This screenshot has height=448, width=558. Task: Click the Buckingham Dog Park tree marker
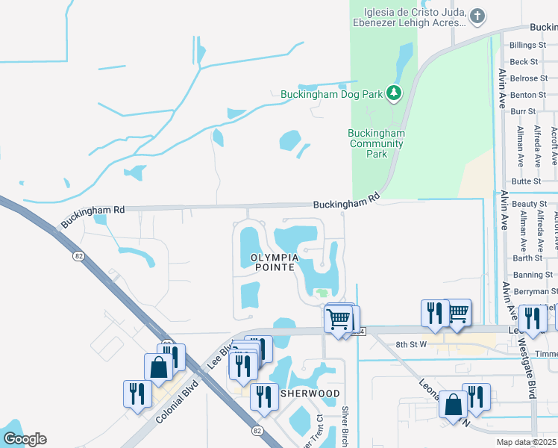tap(394, 93)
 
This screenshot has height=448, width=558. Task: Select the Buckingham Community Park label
tap(377, 143)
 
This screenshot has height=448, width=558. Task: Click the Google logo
tap(25, 439)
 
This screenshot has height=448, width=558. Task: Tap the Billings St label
tap(528, 46)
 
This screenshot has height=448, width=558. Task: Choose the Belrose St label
tap(528, 78)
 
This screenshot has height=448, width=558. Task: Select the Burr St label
tap(524, 111)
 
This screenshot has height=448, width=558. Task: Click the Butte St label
tap(526, 181)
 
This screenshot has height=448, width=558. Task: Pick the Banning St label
tap(527, 276)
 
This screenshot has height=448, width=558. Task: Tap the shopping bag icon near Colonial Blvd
tap(158, 367)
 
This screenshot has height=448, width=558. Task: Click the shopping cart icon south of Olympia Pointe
tap(339, 319)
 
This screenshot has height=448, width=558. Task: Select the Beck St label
tap(524, 62)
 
